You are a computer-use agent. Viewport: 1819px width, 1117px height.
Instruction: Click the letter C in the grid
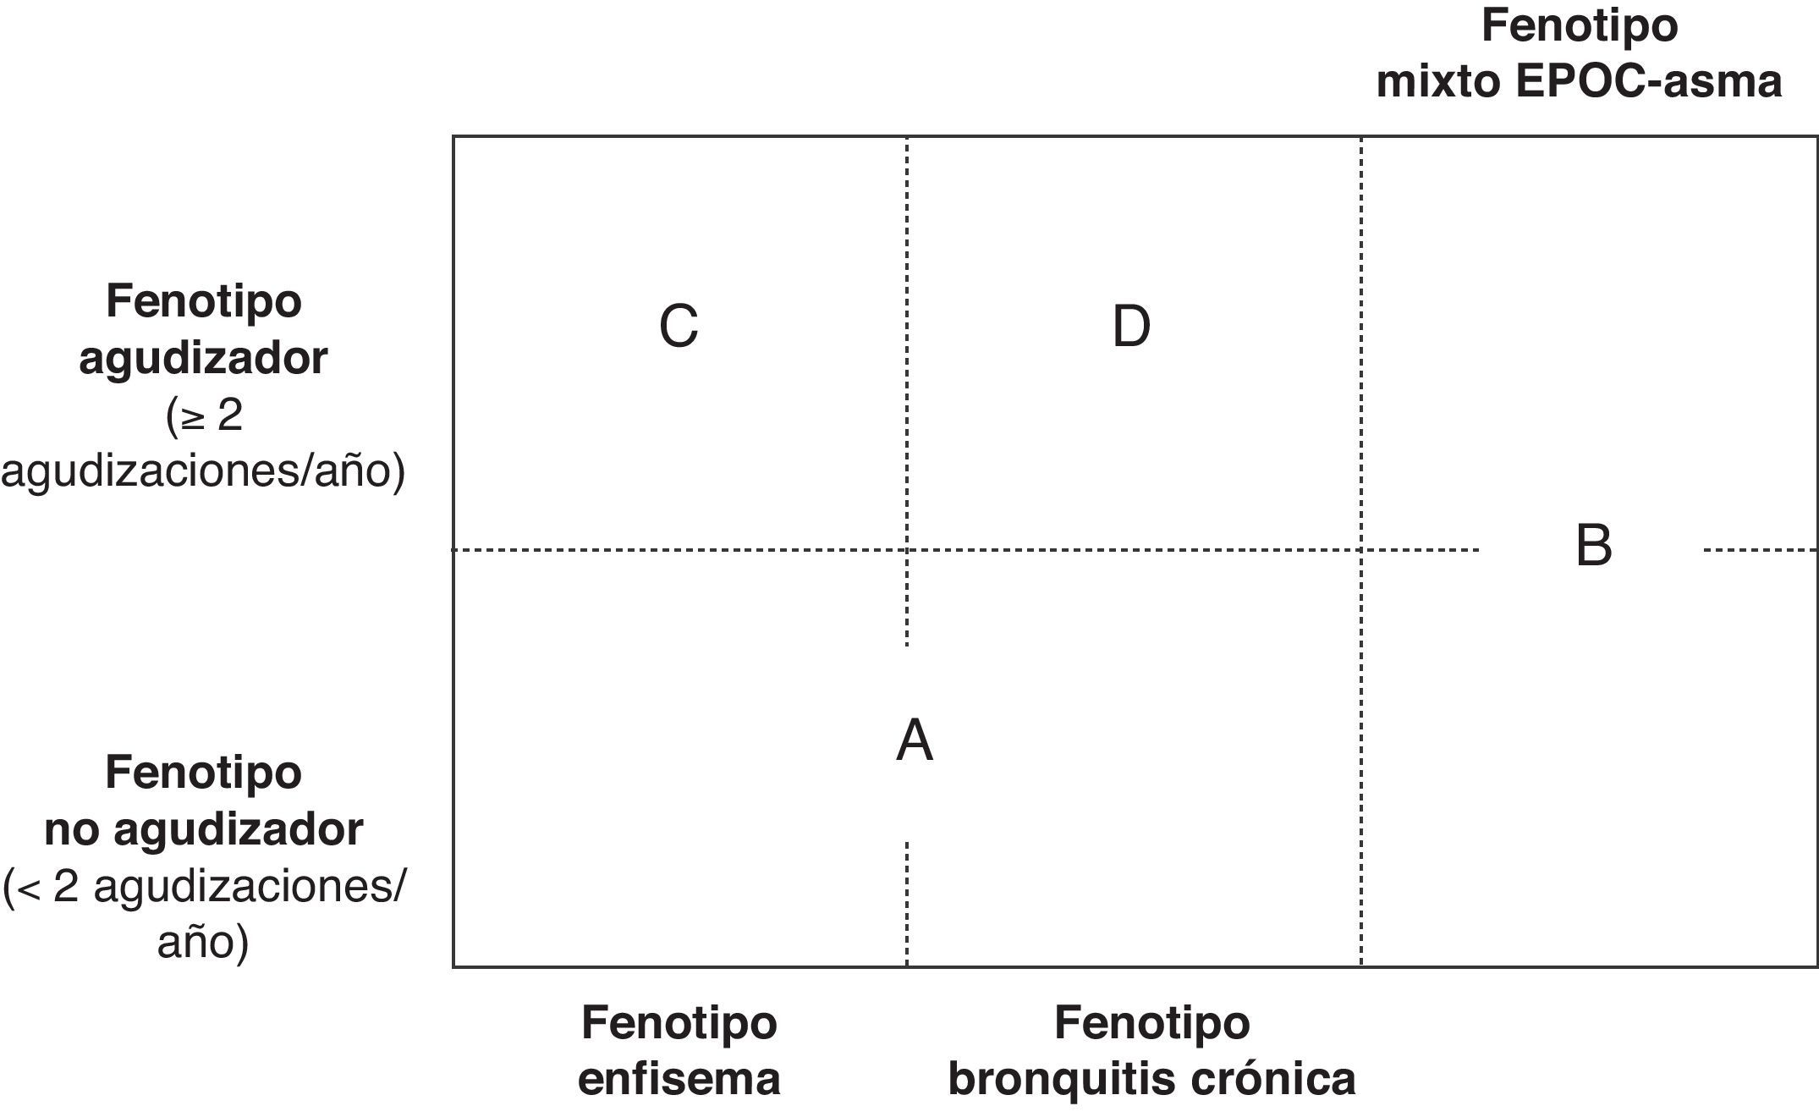pos(679,327)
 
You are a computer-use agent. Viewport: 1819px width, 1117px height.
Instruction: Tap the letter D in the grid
pos(1131,327)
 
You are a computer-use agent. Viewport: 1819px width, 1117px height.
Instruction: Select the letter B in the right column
pos(1594,546)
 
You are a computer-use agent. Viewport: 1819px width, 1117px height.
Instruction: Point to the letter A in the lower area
pos(915,741)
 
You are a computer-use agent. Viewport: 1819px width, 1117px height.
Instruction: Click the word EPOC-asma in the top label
pos(1649,82)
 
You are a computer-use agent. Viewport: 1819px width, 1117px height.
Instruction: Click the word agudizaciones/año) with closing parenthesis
pos(203,470)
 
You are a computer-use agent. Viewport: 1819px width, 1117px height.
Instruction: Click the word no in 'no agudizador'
pos(72,830)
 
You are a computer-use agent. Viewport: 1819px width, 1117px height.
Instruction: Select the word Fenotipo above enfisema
pos(679,1023)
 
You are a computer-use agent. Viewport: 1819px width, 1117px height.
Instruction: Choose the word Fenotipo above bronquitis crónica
pos(1151,1023)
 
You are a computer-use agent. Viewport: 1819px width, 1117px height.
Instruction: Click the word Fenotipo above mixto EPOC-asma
pos(1579,25)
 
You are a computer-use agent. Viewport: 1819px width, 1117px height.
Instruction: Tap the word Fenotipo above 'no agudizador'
pos(203,773)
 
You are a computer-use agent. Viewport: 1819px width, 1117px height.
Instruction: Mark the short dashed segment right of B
pos(1760,550)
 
